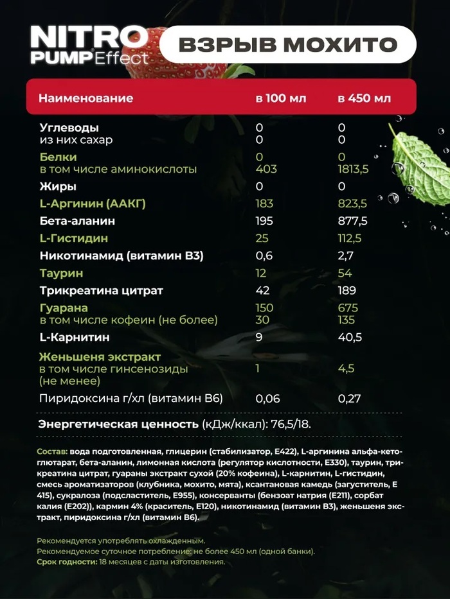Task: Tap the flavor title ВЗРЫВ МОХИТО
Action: coord(287,45)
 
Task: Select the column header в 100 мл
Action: coord(281,98)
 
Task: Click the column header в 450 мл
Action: coord(364,98)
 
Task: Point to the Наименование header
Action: coord(85,98)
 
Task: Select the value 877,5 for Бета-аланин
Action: coord(353,221)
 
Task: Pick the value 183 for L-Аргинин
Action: coord(264,204)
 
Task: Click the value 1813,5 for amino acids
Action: coord(353,169)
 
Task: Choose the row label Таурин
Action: coord(59,273)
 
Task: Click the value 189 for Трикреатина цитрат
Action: coord(347,290)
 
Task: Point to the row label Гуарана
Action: coord(63,308)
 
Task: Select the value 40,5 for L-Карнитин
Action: coord(350,337)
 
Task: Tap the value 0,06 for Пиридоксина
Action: coord(267,399)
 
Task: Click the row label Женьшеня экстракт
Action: coord(100,357)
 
